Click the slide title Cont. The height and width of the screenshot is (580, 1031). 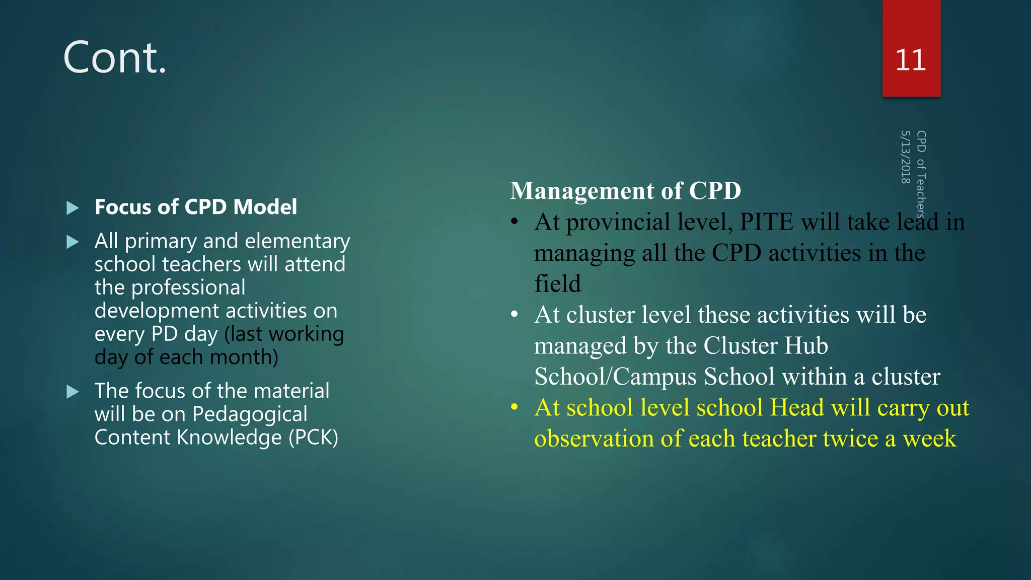pyautogui.click(x=115, y=58)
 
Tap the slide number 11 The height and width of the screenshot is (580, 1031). pyautogui.click(x=911, y=60)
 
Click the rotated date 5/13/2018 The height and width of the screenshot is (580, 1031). pyautogui.click(x=906, y=157)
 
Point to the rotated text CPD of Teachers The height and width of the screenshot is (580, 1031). pyautogui.click(x=921, y=174)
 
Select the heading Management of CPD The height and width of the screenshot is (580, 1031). pyautogui.click(x=625, y=191)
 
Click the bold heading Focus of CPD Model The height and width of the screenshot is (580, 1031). pyautogui.click(x=196, y=207)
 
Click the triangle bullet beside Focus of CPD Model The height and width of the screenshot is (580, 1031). pyautogui.click(x=73, y=208)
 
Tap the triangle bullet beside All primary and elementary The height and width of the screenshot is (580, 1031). pyautogui.click(x=73, y=242)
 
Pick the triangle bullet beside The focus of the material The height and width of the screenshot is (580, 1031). pyautogui.click(x=73, y=392)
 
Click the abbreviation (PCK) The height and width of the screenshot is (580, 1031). pyautogui.click(x=313, y=438)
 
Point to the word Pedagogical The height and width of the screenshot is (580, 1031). pyautogui.click(x=250, y=414)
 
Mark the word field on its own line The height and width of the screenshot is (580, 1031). pyautogui.click(x=557, y=284)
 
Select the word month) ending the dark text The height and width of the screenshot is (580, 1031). pyautogui.click(x=244, y=357)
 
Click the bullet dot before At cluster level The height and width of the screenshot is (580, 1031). pyautogui.click(x=514, y=315)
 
